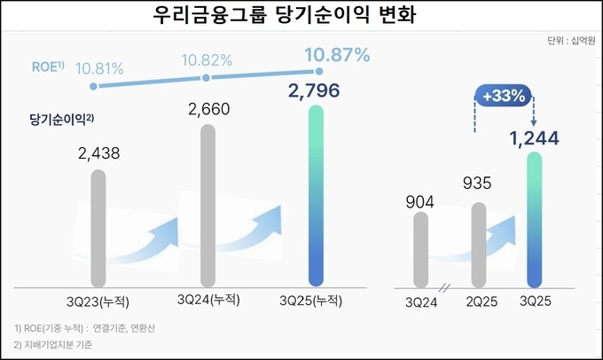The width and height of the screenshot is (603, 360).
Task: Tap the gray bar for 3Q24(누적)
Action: pyautogui.click(x=208, y=204)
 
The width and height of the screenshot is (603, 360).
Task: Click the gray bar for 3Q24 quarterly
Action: pyautogui.click(x=420, y=247)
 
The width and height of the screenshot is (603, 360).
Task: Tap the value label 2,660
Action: pyautogui.click(x=209, y=109)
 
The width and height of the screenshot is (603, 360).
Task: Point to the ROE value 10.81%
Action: pyautogui.click(x=99, y=67)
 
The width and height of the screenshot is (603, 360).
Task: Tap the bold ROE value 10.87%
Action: pyautogui.click(x=336, y=56)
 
